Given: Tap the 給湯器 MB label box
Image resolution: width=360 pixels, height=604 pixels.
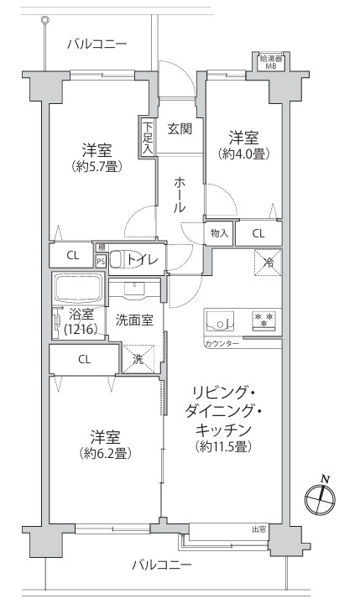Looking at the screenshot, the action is point(270,62).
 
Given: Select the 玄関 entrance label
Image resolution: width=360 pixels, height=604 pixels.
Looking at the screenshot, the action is point(180,128).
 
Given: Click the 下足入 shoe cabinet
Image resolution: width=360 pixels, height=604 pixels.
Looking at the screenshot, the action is point(147,137).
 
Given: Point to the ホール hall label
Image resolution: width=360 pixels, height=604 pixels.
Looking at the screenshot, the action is point(180,195).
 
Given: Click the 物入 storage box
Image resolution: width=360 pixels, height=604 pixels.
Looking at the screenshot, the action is point(219,233).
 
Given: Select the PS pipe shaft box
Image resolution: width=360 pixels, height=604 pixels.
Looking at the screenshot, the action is point(101,261).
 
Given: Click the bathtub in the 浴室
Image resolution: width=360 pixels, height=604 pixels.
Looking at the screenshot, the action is point(78,288).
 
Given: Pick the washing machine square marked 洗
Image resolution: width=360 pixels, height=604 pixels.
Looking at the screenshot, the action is point(138,359).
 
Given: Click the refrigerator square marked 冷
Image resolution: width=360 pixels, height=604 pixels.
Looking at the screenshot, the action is point(268,263).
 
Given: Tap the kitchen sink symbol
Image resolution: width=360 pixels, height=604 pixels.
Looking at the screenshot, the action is point(219,320).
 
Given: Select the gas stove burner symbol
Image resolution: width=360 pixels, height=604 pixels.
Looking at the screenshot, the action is point(264,320).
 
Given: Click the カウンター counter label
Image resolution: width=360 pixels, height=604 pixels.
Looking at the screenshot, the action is point(222,344).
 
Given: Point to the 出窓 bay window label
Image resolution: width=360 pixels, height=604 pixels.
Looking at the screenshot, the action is point(258,529).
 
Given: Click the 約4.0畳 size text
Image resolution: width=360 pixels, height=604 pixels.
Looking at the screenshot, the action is point(243,154).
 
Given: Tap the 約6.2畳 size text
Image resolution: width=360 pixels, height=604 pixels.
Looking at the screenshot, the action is point(105,453).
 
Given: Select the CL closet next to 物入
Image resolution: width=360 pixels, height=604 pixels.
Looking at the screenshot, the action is point(258,233).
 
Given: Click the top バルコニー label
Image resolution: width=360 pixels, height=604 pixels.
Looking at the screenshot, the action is point(97,44).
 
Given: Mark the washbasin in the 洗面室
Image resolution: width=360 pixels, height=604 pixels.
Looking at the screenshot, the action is point(134,290).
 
